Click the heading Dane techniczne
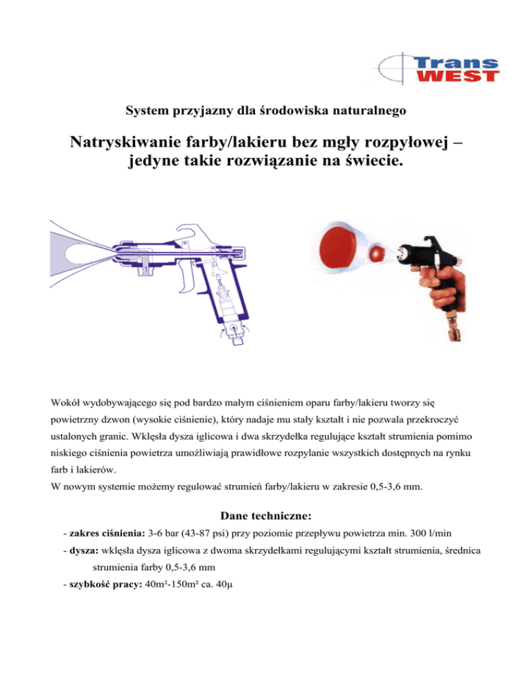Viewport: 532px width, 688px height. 265,515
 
